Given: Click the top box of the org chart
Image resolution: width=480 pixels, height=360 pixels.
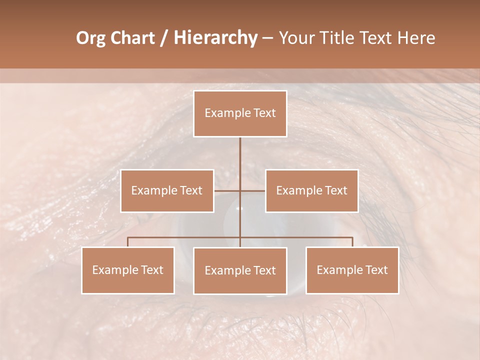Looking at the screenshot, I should [x=240, y=113].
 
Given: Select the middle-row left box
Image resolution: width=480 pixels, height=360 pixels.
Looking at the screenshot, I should [x=167, y=190].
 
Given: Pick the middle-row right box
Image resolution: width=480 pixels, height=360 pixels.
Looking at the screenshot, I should [x=311, y=190].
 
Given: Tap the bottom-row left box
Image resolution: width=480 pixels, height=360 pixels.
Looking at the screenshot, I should [x=128, y=270].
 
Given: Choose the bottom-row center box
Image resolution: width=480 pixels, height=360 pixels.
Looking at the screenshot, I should [x=240, y=270].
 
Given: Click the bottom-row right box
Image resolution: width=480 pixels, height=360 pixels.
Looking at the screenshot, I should [x=352, y=270].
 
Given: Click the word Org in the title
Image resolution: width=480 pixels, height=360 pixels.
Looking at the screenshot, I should [x=91, y=38].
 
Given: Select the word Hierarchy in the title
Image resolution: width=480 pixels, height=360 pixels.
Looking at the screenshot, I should [x=215, y=38].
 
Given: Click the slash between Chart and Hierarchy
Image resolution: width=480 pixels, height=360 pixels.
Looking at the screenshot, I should [x=164, y=38].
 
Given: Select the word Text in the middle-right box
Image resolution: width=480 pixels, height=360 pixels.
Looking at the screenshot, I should [x=335, y=190].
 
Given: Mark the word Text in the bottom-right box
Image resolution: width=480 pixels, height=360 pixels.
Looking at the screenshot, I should [x=376, y=270].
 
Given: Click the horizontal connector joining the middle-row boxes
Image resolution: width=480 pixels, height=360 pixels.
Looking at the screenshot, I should [x=227, y=190].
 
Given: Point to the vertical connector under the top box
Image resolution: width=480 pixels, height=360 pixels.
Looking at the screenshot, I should [x=240, y=155].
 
